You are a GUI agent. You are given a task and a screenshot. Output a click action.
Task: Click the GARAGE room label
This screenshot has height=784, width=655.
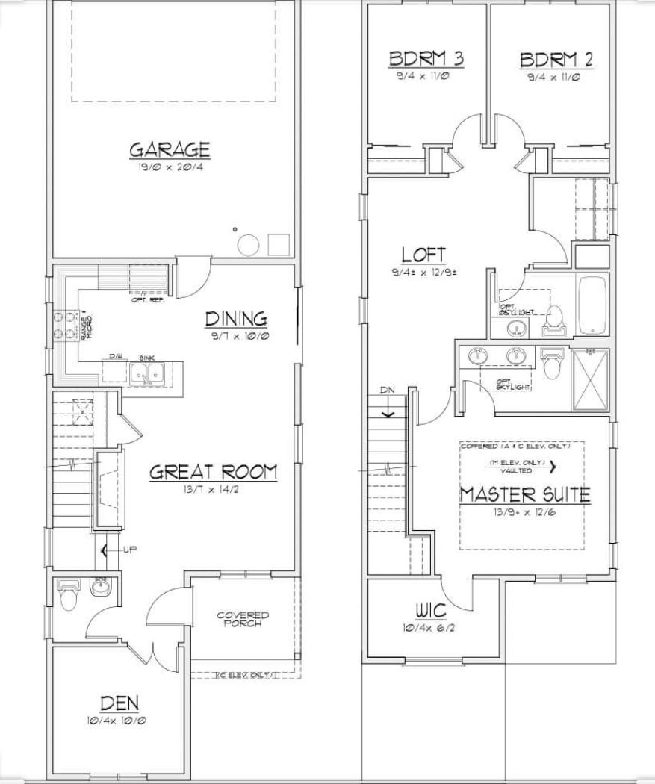[x=170, y=149]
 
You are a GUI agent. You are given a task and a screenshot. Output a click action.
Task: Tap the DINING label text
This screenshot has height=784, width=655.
[x=236, y=319]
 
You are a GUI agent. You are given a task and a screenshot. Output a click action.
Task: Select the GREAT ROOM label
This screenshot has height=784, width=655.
[x=213, y=472]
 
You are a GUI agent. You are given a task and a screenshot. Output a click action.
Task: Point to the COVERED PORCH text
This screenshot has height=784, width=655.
[x=243, y=620]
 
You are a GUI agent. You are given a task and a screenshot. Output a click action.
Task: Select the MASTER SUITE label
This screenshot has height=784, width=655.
[x=524, y=494]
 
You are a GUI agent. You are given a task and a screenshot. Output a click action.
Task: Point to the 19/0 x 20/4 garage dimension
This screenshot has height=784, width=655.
[x=170, y=167]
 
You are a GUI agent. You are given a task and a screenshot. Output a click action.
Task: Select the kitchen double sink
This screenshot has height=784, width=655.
[x=146, y=373]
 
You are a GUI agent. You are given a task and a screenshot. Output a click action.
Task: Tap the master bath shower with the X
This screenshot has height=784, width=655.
[x=590, y=379]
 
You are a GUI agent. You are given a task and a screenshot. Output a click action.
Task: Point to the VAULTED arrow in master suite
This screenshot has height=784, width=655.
[x=553, y=467]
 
